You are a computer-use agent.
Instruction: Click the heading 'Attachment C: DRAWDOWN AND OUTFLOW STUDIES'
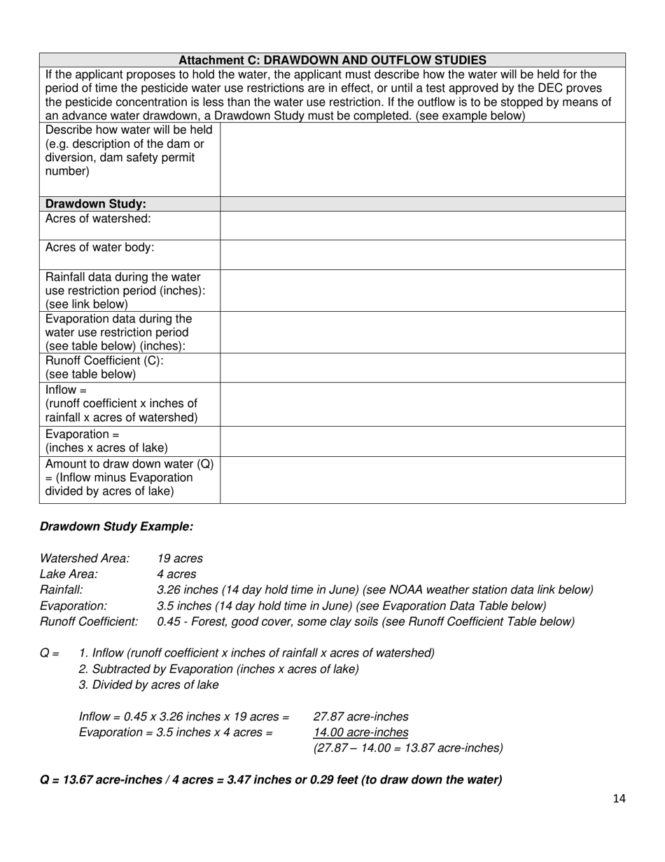point(332,60)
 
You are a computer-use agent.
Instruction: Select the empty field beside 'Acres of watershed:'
point(422,226)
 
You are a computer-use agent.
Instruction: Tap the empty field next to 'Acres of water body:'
point(422,254)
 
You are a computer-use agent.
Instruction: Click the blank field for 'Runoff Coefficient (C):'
point(422,368)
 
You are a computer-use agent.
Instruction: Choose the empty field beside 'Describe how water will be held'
point(422,159)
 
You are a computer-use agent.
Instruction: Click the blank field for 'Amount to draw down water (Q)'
point(422,480)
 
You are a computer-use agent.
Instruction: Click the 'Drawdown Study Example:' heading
point(116,526)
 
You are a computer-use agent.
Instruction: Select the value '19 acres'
point(180,559)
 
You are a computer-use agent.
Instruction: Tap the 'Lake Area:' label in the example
point(69,574)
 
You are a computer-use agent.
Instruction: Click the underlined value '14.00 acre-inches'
point(360,732)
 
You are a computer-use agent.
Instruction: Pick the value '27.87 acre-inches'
point(360,716)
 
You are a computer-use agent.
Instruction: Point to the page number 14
point(618,799)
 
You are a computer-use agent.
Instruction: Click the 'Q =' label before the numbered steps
point(50,653)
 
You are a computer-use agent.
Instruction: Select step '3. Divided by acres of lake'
point(148,685)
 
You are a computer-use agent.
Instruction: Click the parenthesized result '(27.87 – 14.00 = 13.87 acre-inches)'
point(407,748)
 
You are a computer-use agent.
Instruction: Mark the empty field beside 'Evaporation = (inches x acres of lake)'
point(422,442)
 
